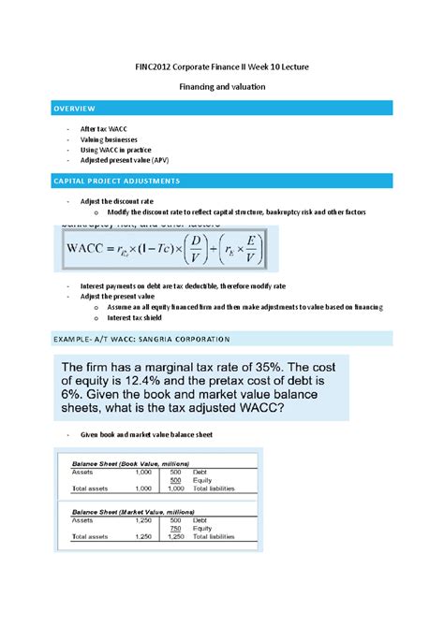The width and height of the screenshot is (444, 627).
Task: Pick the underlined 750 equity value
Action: [175, 528]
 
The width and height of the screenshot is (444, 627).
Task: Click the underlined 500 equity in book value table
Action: [175, 481]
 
